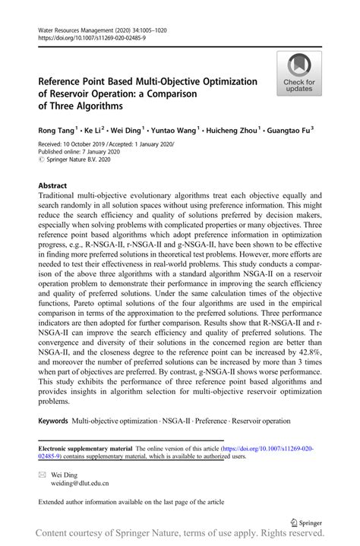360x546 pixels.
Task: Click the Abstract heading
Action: [x=52, y=185]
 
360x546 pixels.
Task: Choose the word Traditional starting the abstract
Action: [x=62, y=195]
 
